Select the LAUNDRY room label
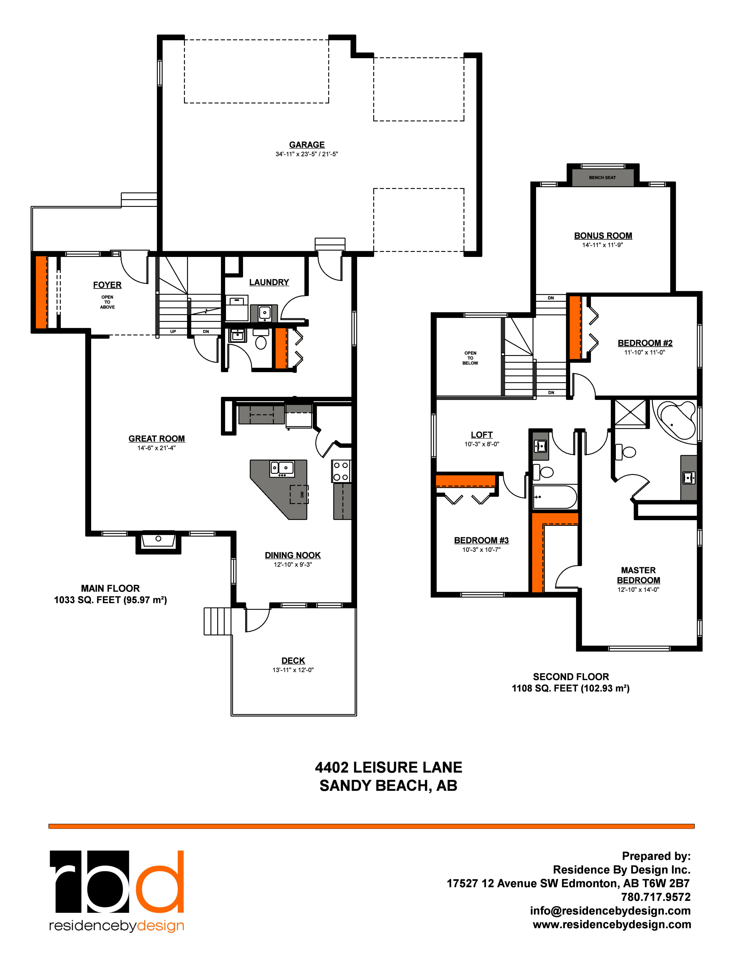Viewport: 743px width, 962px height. (269, 282)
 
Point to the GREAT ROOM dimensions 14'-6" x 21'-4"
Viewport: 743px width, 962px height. (156, 448)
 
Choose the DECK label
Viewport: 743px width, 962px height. (293, 661)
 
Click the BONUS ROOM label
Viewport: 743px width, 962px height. (603, 236)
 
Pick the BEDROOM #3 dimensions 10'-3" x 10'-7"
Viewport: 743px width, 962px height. (481, 550)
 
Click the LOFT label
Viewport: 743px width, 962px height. (482, 435)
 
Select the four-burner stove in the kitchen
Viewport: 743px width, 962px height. (341, 471)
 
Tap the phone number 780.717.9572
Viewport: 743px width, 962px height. (655, 897)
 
